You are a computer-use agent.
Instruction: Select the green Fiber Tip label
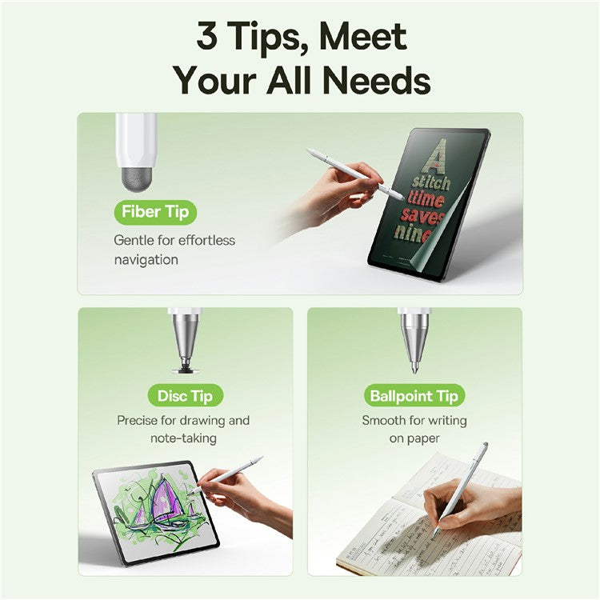[155, 212]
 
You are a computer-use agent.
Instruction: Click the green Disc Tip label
[185, 395]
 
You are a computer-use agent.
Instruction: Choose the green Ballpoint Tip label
[414, 395]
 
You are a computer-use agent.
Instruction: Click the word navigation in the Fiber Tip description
[146, 260]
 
